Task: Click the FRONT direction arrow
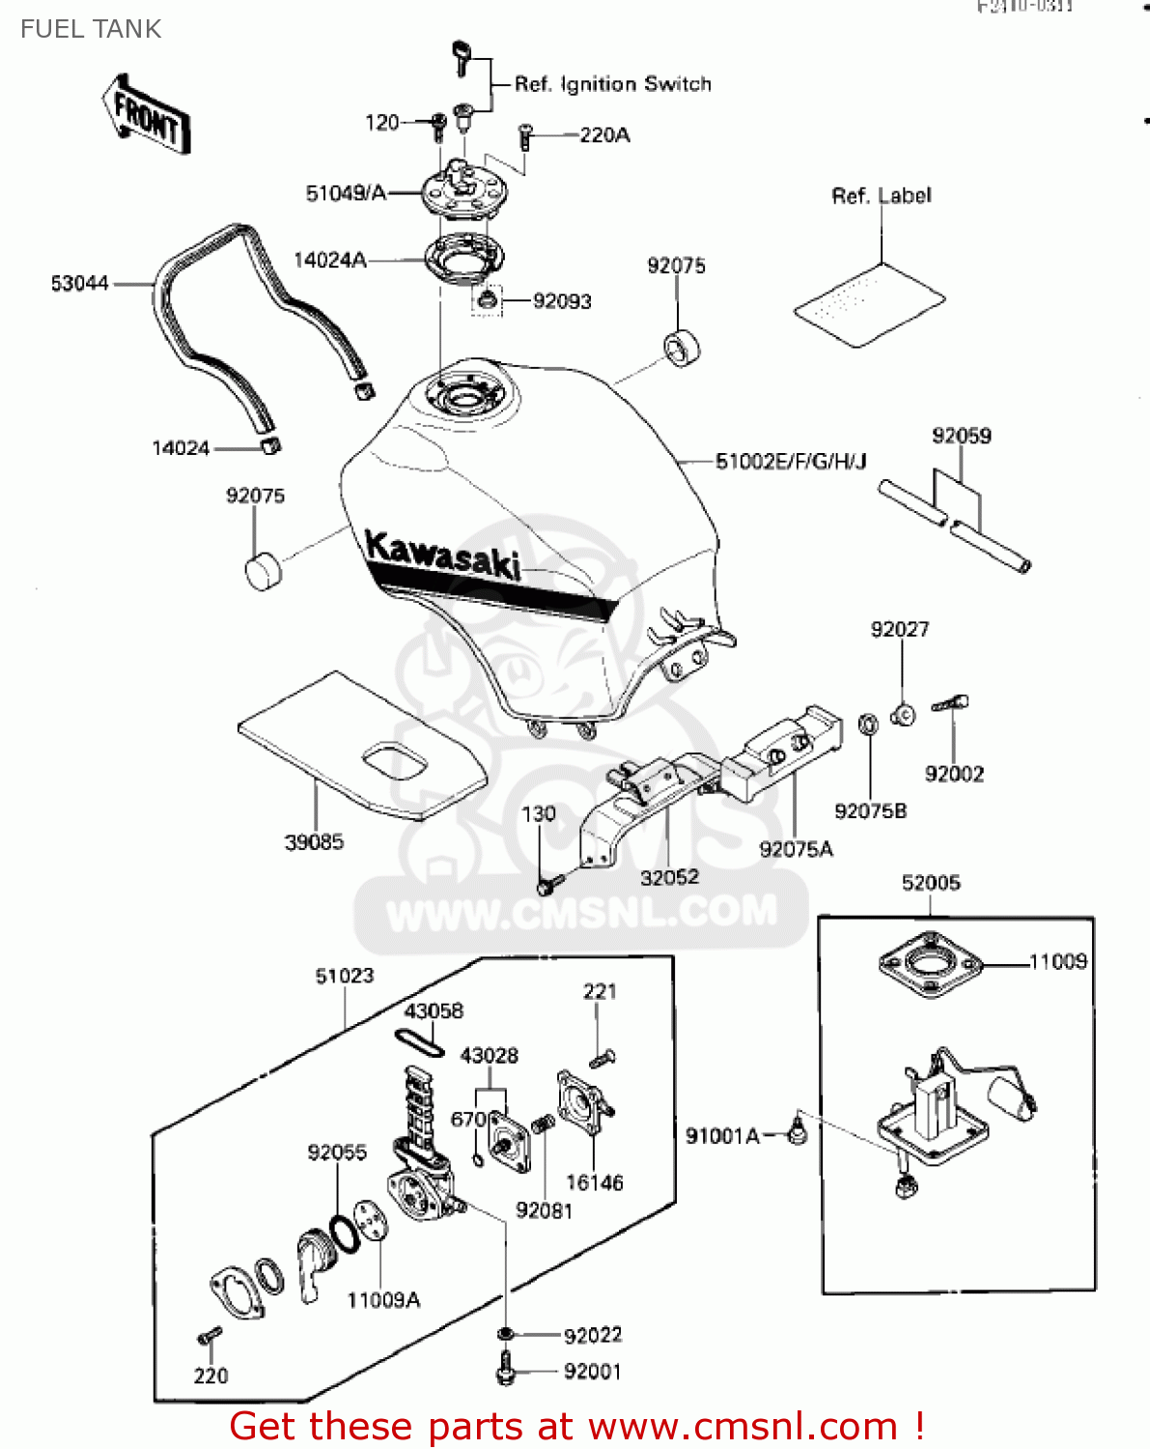(x=146, y=115)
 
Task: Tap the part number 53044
(x=79, y=284)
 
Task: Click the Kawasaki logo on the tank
(x=443, y=556)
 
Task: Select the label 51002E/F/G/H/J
(x=791, y=462)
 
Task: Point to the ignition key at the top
(x=462, y=58)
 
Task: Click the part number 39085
(x=314, y=842)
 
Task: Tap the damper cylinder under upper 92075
(x=682, y=348)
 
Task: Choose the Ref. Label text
(x=882, y=196)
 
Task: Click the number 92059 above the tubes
(x=961, y=436)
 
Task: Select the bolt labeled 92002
(x=951, y=705)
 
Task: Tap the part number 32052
(x=669, y=877)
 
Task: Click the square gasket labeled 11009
(x=931, y=964)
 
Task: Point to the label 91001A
(x=722, y=1136)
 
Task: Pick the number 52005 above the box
(x=931, y=883)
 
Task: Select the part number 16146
(x=594, y=1182)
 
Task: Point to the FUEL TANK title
(x=91, y=29)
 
